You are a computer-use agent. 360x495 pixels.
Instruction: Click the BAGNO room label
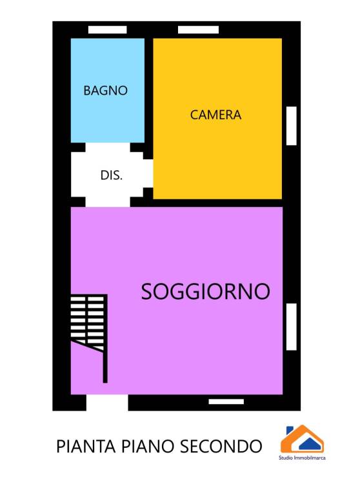[106, 91]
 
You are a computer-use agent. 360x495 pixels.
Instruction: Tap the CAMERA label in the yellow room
[215, 115]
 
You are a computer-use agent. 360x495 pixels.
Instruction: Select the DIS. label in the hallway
[111, 175]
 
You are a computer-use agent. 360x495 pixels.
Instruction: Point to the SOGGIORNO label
[205, 291]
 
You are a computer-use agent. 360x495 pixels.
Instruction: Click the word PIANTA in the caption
[86, 447]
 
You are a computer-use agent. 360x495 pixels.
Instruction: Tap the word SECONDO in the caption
[221, 447]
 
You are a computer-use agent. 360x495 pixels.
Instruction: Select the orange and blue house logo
[302, 439]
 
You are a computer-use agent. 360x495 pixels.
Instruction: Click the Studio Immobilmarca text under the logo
[302, 458]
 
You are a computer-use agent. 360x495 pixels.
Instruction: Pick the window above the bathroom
[108, 30]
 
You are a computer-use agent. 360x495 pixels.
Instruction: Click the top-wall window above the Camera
[198, 30]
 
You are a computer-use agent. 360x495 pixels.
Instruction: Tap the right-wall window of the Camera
[292, 126]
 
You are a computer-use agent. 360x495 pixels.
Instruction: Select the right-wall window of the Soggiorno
[292, 327]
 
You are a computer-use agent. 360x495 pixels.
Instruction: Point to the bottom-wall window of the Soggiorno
[226, 402]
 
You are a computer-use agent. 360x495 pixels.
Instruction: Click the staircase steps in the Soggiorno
[87, 323]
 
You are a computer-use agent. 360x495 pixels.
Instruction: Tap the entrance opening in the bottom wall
[107, 403]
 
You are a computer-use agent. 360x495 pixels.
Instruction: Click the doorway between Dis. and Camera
[148, 173]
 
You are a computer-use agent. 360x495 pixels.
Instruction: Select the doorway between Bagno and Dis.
[108, 147]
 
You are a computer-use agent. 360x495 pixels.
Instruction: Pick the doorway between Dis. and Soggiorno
[108, 202]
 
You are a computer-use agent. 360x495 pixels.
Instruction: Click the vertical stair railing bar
[105, 339]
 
